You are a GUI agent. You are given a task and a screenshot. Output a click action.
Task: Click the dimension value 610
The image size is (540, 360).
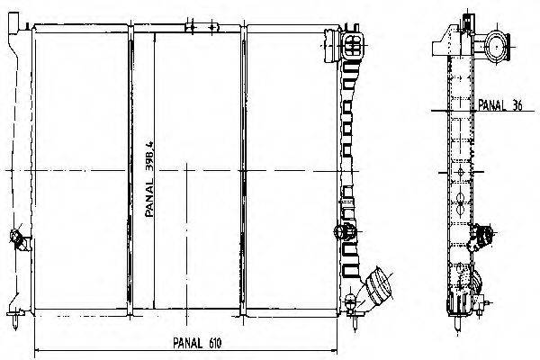pos(215,343)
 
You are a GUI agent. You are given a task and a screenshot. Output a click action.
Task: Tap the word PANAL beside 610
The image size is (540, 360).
pos(188,343)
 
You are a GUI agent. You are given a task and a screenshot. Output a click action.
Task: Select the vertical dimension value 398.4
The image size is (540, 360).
pos(149,157)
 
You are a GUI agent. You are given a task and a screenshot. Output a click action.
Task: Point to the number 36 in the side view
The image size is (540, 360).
pos(517,105)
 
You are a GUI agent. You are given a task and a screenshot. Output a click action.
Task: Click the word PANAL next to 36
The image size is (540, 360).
pos(492,105)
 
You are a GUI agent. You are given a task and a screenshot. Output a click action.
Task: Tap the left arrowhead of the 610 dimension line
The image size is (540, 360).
pos(38,350)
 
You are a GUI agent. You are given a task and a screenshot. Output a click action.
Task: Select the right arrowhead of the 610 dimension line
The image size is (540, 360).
pos(334,350)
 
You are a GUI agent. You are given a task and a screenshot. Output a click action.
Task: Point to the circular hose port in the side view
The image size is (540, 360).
pos(497,47)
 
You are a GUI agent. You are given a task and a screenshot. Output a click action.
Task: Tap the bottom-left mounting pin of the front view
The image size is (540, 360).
pos(14,319)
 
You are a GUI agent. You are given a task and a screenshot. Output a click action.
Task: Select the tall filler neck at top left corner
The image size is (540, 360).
pos(13,23)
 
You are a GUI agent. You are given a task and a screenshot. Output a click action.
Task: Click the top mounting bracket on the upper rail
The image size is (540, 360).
pos(202,27)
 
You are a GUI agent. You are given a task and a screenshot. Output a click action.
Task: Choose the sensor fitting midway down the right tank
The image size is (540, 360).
pos(346,231)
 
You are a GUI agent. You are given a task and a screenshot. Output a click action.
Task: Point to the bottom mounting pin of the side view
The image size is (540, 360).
pos(457,323)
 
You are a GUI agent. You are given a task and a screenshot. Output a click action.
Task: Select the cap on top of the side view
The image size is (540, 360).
pos(468,22)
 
